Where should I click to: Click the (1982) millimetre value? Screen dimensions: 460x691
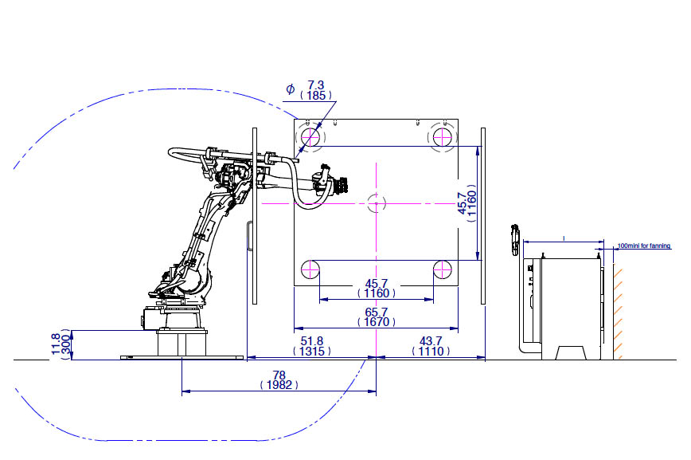coord(279,384)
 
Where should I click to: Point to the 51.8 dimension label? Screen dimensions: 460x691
coord(310,340)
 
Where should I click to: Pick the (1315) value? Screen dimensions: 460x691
coord(310,352)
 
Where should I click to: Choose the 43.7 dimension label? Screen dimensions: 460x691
coord(427,340)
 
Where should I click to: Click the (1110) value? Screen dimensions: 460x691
coord(427,352)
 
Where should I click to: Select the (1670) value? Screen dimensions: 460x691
coord(376,323)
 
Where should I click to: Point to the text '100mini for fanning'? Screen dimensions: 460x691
coord(643,246)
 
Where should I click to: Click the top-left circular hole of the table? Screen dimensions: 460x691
coord(309,138)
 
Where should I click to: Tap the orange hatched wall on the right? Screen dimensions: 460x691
coord(618,311)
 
